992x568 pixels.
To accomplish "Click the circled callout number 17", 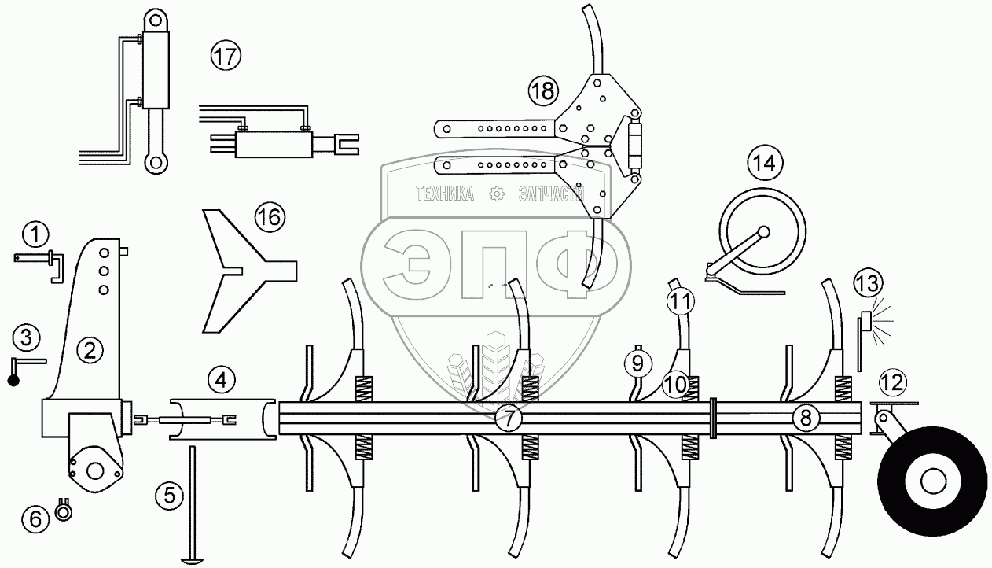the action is [226, 56].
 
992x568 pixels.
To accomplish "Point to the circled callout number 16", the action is [268, 217].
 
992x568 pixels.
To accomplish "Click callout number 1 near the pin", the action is [35, 233].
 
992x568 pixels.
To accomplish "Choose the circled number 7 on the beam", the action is [509, 418].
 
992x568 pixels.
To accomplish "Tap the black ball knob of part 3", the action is [14, 381].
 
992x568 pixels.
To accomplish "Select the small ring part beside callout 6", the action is [63, 512].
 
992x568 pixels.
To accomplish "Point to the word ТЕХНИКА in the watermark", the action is [445, 194].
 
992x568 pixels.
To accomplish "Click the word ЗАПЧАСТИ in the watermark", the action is [553, 194].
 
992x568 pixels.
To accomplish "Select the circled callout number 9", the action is [637, 362].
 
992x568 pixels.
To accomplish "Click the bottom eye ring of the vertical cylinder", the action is [156, 163].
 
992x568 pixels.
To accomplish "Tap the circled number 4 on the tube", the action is [222, 382].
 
